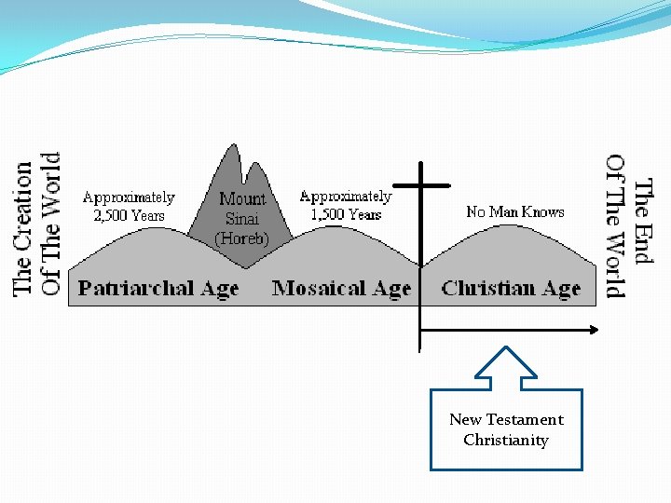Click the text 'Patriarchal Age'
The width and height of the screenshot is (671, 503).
[x=158, y=289]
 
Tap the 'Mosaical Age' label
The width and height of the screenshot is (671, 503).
[x=341, y=289]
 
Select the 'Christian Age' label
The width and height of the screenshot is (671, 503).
[x=511, y=289]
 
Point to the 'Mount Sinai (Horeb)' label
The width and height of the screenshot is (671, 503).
[x=242, y=219]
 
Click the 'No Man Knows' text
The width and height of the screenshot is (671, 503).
[x=515, y=212]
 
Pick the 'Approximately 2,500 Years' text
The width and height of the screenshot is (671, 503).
[x=129, y=206]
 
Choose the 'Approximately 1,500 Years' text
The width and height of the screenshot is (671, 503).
[x=346, y=205]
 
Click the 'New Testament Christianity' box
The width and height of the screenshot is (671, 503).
[x=506, y=429]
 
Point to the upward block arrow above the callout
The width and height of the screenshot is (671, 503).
[x=505, y=366]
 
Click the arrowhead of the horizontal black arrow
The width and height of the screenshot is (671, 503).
[x=592, y=329]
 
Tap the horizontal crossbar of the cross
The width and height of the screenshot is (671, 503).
[x=421, y=184]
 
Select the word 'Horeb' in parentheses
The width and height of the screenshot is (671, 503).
[x=242, y=239]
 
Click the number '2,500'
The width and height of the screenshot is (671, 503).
[x=115, y=215]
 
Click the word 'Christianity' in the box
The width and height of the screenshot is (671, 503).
[x=506, y=440]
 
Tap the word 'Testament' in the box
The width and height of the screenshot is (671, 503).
[x=525, y=419]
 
